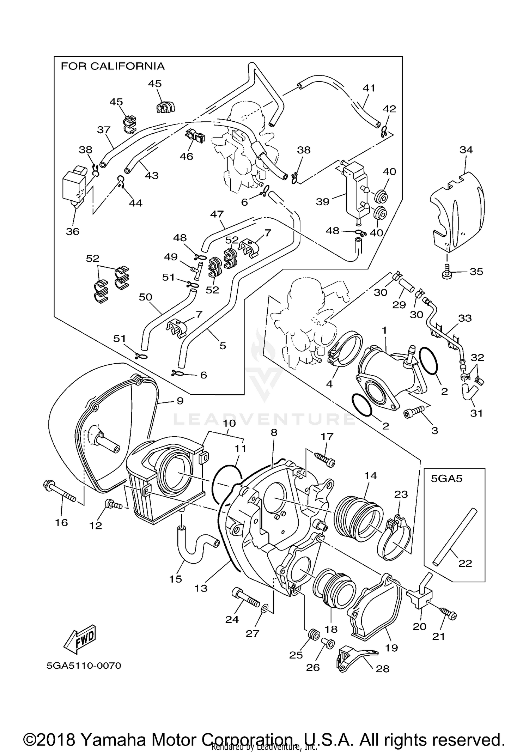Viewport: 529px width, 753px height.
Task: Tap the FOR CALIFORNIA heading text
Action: [113, 66]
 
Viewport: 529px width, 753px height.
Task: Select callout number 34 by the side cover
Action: [466, 150]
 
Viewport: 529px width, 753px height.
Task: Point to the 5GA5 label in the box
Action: [446, 479]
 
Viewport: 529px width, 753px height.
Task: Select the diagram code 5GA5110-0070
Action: [84, 666]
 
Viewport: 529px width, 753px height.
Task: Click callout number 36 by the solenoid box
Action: [73, 232]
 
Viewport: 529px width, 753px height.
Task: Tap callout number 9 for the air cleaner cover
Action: [180, 401]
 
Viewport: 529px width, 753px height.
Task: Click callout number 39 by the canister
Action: [323, 202]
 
